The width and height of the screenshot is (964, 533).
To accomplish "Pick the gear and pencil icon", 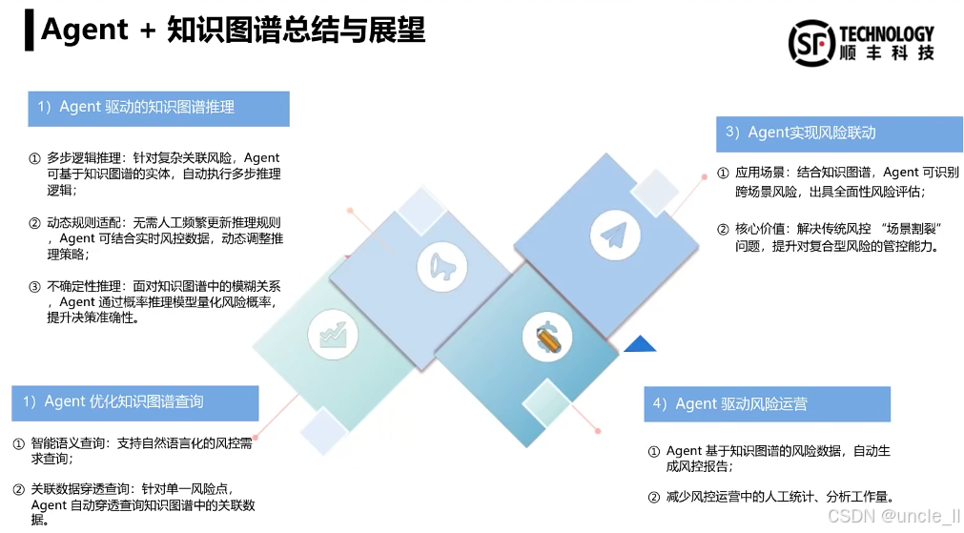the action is pos(547,337).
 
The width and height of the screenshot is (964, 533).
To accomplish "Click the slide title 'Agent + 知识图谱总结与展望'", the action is pos(233,31).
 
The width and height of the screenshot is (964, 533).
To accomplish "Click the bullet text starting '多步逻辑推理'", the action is pos(162,174).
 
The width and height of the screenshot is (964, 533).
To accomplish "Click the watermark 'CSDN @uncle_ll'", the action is pos(894,516).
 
